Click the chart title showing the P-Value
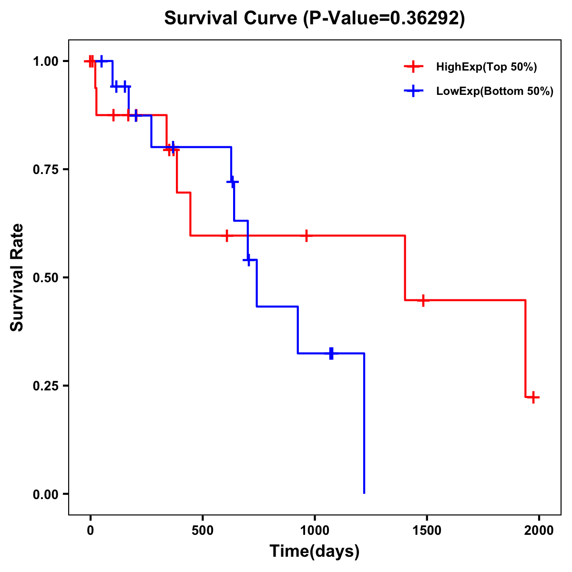click(x=315, y=18)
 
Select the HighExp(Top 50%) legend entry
click(x=486, y=67)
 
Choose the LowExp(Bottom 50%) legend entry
click(x=494, y=91)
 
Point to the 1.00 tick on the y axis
click(x=45, y=61)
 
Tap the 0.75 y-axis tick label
click(x=45, y=169)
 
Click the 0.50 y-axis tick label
click(x=45, y=277)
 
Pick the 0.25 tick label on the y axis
click(x=45, y=386)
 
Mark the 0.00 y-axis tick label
click(x=45, y=494)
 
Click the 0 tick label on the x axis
click(x=90, y=531)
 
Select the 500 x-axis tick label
click(x=203, y=531)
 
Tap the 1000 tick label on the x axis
click(x=315, y=531)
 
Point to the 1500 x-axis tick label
click(x=427, y=531)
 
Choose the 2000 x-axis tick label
click(x=539, y=531)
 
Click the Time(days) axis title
click(x=315, y=552)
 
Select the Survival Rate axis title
click(x=17, y=277)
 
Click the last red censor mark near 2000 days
click(x=533, y=397)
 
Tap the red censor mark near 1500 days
click(x=423, y=300)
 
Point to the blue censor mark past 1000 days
click(x=331, y=353)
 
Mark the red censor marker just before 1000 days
click(x=306, y=235)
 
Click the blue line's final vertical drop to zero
click(x=364, y=424)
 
